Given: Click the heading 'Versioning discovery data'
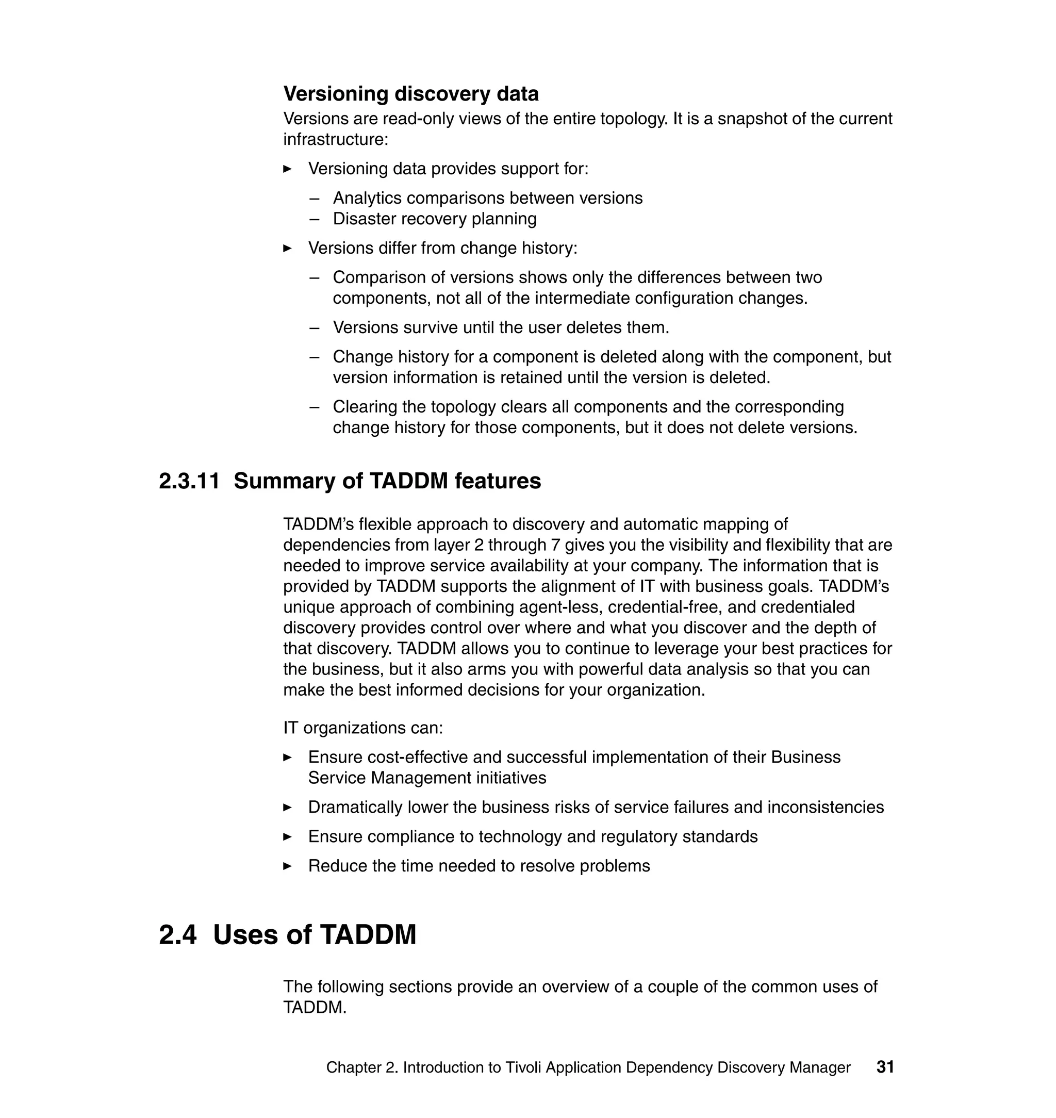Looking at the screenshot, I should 410,93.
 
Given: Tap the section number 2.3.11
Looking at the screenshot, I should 189,481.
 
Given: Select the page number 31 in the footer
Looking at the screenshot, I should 885,1067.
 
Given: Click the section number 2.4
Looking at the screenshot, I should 178,935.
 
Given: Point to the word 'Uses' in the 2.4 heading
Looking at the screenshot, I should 246,935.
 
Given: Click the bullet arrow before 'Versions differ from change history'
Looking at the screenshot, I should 287,248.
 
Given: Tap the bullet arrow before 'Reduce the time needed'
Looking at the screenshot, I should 287,866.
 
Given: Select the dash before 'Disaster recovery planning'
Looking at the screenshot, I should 314,219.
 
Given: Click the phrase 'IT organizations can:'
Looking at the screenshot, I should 363,728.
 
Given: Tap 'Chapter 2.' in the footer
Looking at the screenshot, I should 362,1067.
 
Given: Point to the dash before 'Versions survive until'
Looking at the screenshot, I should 314,327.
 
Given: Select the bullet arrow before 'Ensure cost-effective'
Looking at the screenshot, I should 287,758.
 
